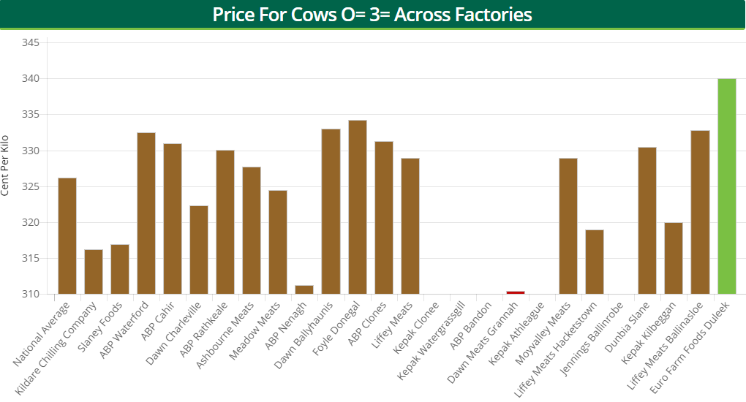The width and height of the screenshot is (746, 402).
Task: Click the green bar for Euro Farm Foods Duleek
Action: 726,186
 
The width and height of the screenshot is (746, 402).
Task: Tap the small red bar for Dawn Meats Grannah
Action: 515,292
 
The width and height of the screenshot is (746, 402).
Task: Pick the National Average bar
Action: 67,236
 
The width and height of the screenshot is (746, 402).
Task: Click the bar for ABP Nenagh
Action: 304,289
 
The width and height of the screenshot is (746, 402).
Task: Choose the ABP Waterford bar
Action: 146,213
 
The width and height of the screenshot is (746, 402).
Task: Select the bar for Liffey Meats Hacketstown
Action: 595,262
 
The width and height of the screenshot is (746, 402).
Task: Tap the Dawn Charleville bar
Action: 199,250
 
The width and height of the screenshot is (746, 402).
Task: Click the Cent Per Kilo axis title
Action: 7,165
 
